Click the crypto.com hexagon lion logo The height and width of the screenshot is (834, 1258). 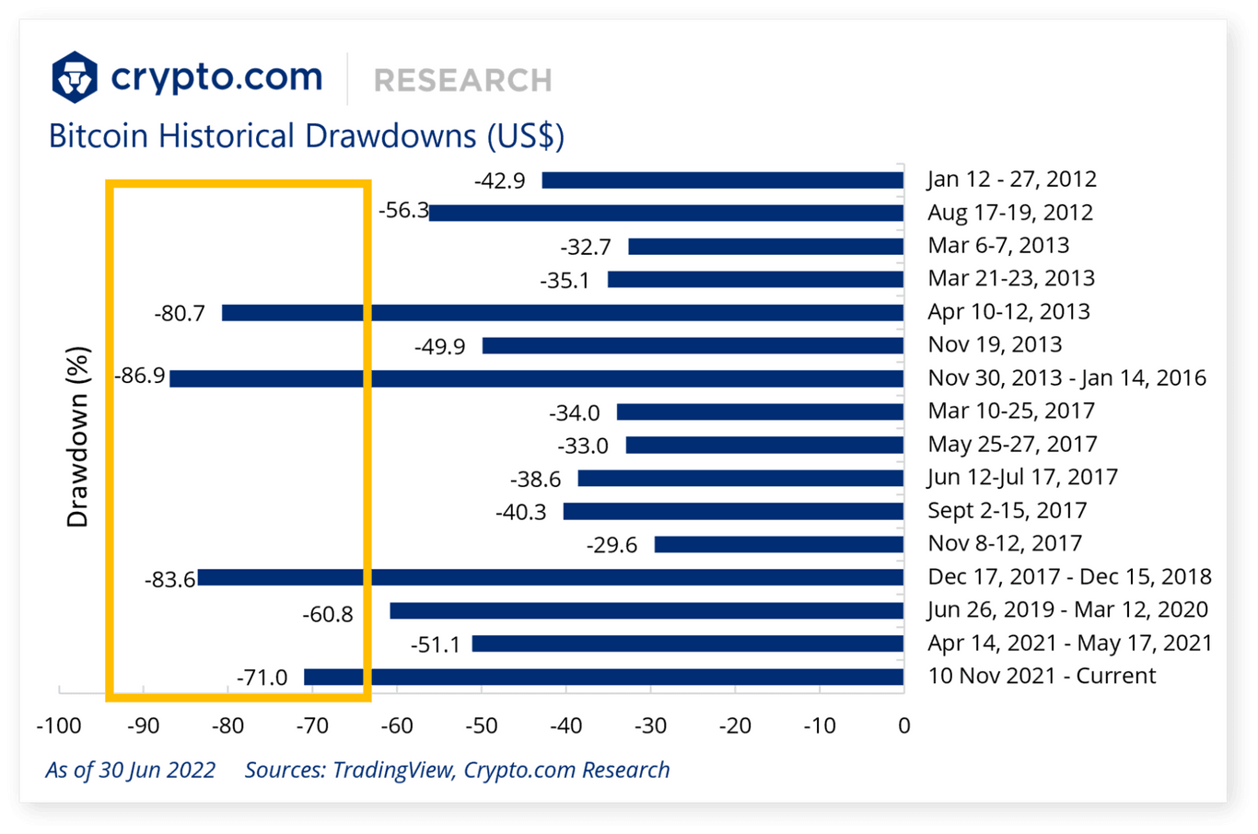point(75,77)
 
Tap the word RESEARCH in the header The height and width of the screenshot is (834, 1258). point(462,80)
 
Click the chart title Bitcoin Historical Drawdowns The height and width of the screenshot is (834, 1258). point(306,136)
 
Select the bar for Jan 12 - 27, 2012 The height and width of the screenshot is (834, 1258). point(722,180)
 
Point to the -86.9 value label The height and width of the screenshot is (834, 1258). point(140,376)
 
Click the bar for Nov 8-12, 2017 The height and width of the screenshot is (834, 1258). point(778,545)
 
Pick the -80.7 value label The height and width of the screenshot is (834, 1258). point(180,314)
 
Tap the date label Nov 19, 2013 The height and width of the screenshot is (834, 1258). point(995,345)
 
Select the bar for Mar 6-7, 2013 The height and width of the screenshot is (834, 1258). point(765,247)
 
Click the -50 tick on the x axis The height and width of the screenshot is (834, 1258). point(481,726)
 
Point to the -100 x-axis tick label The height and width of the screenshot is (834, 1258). point(59,726)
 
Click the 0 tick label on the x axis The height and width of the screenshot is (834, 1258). point(903,726)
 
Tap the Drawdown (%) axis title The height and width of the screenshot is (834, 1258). point(78,436)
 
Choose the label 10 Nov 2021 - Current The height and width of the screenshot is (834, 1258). point(1042,677)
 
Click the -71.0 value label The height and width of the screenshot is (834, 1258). point(262,678)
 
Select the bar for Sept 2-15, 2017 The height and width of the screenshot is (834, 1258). point(733,512)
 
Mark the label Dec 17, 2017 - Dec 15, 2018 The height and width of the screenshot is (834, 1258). point(1069,577)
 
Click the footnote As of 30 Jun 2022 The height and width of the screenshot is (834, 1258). point(130,770)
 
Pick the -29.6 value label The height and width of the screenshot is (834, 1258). point(612,546)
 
